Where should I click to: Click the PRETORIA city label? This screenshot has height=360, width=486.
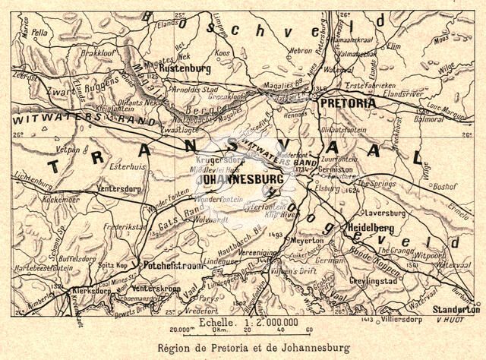(348, 102)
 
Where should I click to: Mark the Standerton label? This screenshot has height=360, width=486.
(456, 310)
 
